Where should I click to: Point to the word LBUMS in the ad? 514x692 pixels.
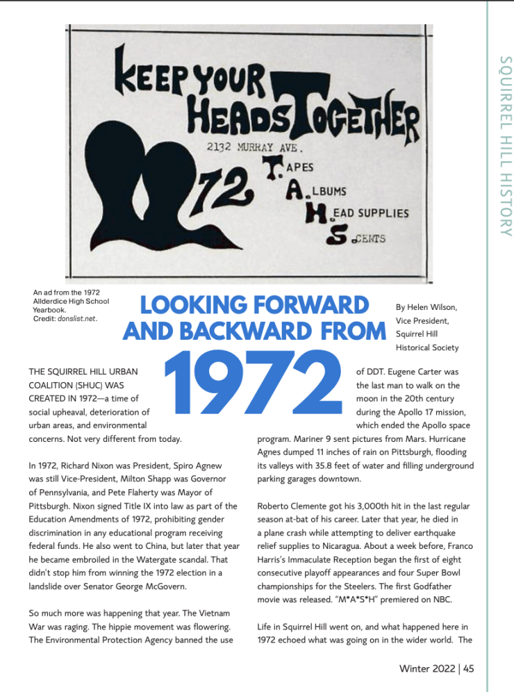325,191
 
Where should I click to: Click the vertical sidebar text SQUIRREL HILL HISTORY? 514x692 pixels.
505,146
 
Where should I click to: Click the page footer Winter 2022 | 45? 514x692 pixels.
436,668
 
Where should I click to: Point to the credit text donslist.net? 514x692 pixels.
77,318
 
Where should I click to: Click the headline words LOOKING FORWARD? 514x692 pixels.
255,306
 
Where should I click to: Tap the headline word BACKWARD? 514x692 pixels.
283,331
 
